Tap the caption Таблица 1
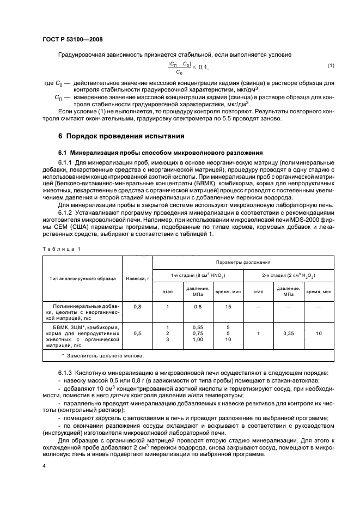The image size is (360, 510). click(62, 234)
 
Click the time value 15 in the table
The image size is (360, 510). click(228, 307)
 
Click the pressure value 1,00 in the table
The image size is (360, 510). click(197, 339)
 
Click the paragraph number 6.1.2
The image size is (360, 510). click(66, 206)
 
